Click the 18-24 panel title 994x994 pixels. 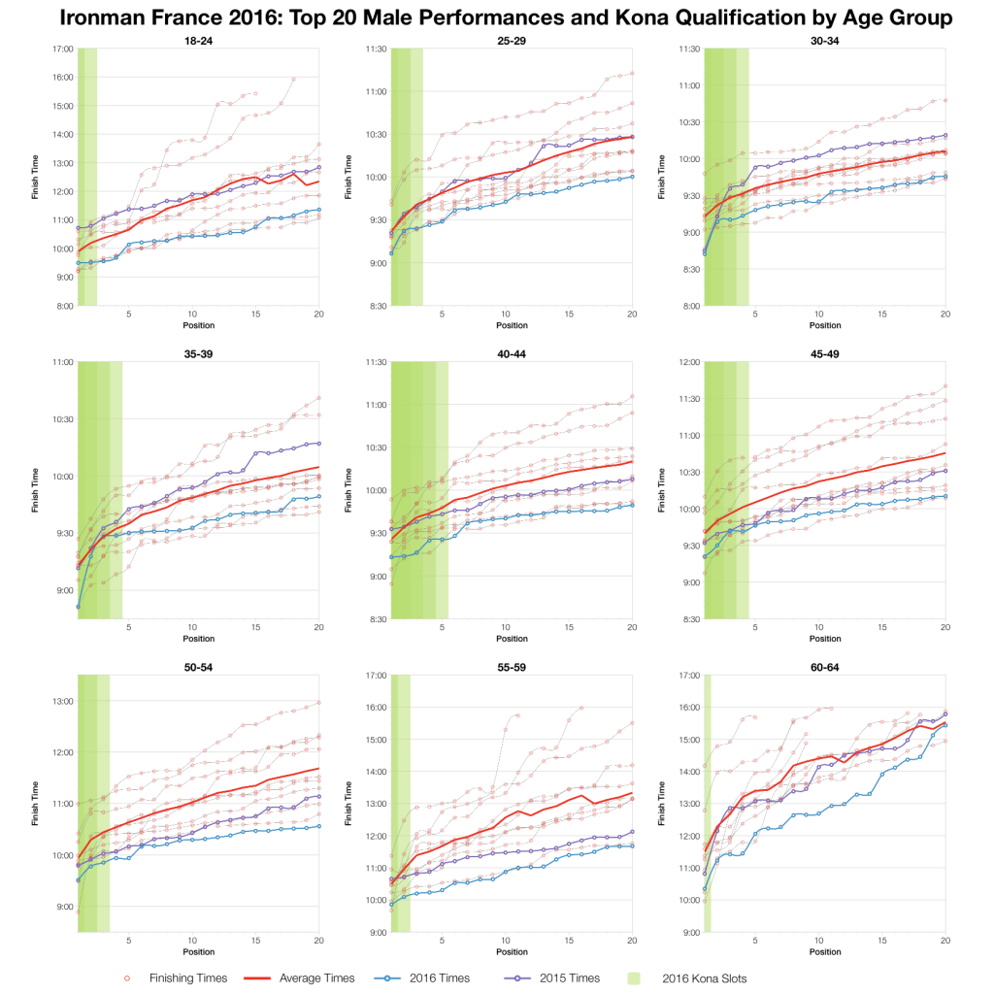(198, 41)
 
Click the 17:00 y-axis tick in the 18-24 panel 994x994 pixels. (62, 48)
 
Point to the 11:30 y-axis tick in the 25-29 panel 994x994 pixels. (376, 48)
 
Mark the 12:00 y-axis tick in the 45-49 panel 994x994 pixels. (689, 361)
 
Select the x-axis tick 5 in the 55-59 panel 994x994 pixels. (442, 942)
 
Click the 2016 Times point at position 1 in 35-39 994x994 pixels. (78, 607)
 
